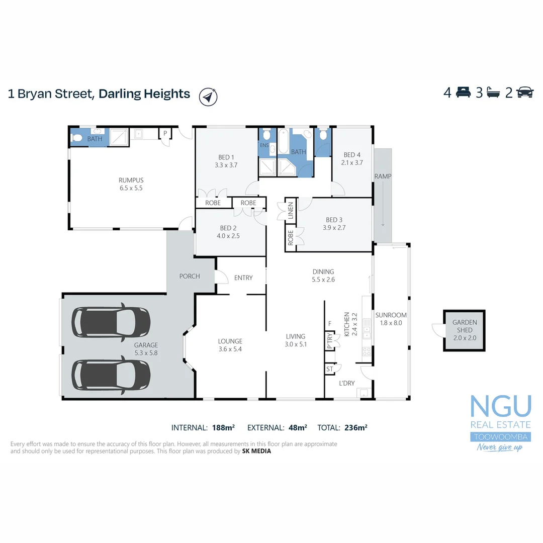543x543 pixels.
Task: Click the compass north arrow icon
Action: tap(208, 96)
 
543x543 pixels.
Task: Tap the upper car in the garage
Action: tap(111, 322)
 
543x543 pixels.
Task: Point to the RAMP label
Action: tap(383, 176)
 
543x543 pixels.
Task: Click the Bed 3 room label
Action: tap(334, 223)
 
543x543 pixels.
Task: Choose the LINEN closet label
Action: tap(290, 212)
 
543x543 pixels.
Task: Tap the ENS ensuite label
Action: tap(264, 146)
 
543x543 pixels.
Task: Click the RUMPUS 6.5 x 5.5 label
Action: tap(131, 184)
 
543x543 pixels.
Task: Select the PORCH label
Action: tap(190, 276)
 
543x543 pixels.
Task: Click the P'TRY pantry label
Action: tap(329, 341)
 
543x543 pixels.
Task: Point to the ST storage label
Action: tap(330, 369)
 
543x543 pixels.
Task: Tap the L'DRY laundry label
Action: tap(346, 383)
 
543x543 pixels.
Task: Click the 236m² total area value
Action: tap(356, 428)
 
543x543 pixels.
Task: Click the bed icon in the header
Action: tap(463, 93)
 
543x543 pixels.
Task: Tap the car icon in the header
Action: tap(525, 93)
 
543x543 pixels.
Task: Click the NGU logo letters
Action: tap(500, 406)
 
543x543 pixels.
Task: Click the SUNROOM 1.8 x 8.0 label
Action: tap(391, 319)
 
